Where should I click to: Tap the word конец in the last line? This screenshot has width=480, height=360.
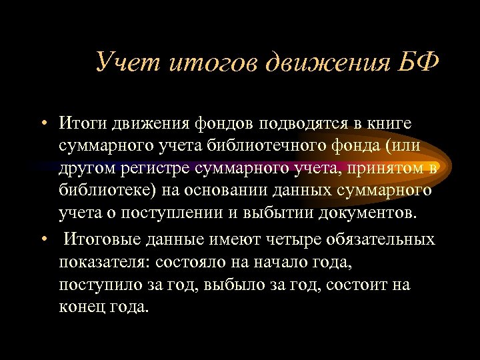[83, 307]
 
